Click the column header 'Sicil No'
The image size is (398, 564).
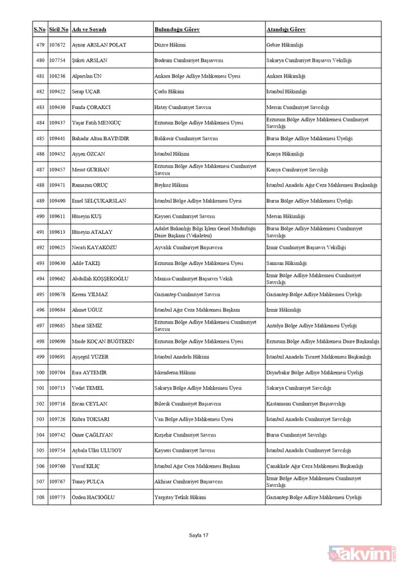(58, 30)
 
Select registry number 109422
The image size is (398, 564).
(58, 92)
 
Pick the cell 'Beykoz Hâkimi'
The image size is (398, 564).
(170, 185)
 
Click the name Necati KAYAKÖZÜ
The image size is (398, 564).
(97, 247)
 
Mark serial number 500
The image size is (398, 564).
(40, 373)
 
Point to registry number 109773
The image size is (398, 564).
(58, 497)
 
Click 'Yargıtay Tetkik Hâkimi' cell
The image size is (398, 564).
(180, 497)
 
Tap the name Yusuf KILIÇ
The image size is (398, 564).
(88, 466)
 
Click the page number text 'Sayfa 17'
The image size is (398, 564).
(198, 535)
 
